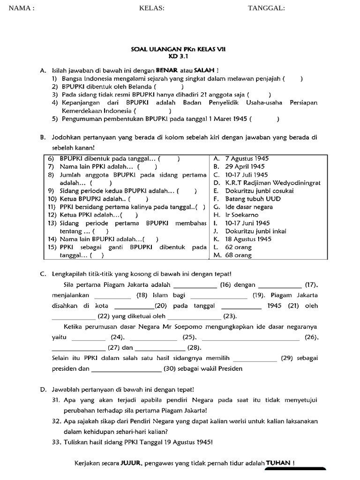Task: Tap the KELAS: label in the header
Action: pos(152,8)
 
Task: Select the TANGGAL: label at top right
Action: pos(266,8)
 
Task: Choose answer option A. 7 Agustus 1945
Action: pos(241,159)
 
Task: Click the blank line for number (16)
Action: pos(195,285)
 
